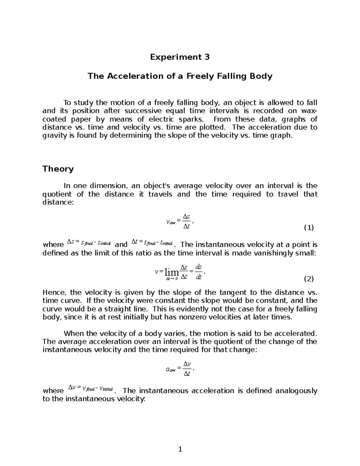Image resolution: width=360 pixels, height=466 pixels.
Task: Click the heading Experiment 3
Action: click(x=180, y=57)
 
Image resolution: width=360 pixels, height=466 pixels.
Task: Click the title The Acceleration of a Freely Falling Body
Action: click(x=180, y=76)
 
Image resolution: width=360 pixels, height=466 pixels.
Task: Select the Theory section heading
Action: click(x=58, y=169)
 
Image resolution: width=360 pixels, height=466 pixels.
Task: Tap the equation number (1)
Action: click(x=309, y=228)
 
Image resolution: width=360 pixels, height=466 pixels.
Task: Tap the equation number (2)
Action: click(x=309, y=279)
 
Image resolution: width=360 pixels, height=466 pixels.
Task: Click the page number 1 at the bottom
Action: click(x=180, y=449)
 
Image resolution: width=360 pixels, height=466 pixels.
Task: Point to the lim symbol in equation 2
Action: click(x=172, y=272)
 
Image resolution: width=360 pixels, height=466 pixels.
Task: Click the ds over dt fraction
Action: click(x=198, y=272)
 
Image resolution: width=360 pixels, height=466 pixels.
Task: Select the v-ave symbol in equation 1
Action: click(x=171, y=222)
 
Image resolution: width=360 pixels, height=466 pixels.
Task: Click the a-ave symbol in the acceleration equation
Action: click(x=171, y=369)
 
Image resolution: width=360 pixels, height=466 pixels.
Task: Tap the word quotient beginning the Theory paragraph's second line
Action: click(x=57, y=194)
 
